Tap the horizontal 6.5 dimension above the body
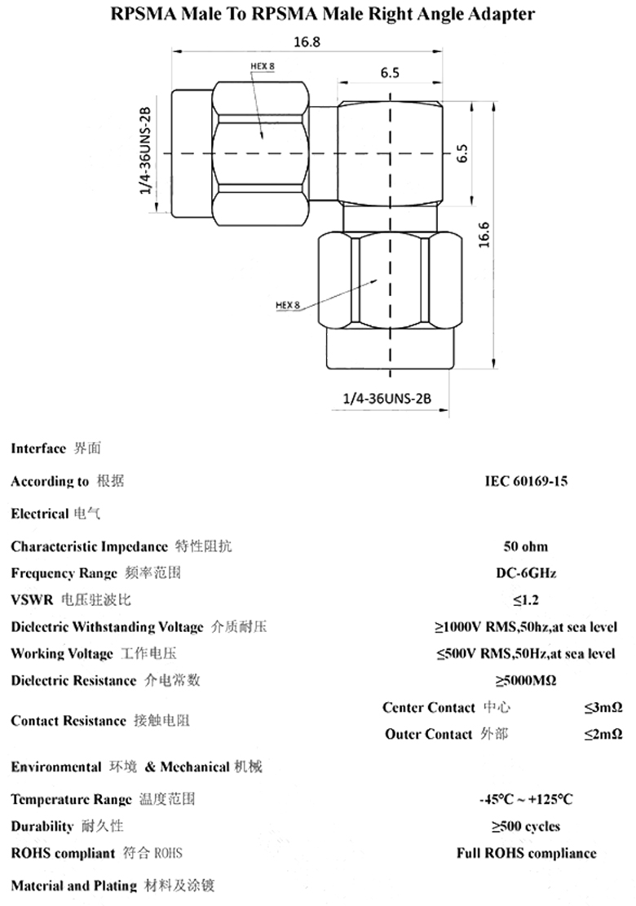point(390,73)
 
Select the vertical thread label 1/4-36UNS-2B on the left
point(146,152)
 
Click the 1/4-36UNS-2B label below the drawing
point(386,398)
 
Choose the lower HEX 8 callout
point(288,305)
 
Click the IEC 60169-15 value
point(526,481)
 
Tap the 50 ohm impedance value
point(526,546)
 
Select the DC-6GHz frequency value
point(526,573)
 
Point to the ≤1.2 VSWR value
point(526,601)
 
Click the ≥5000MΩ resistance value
point(526,680)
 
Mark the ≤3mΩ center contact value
point(603,708)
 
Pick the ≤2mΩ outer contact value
point(603,734)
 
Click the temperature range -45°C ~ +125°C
point(526,799)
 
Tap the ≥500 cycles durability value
point(526,826)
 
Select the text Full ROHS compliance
point(526,854)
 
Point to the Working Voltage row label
point(62,654)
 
